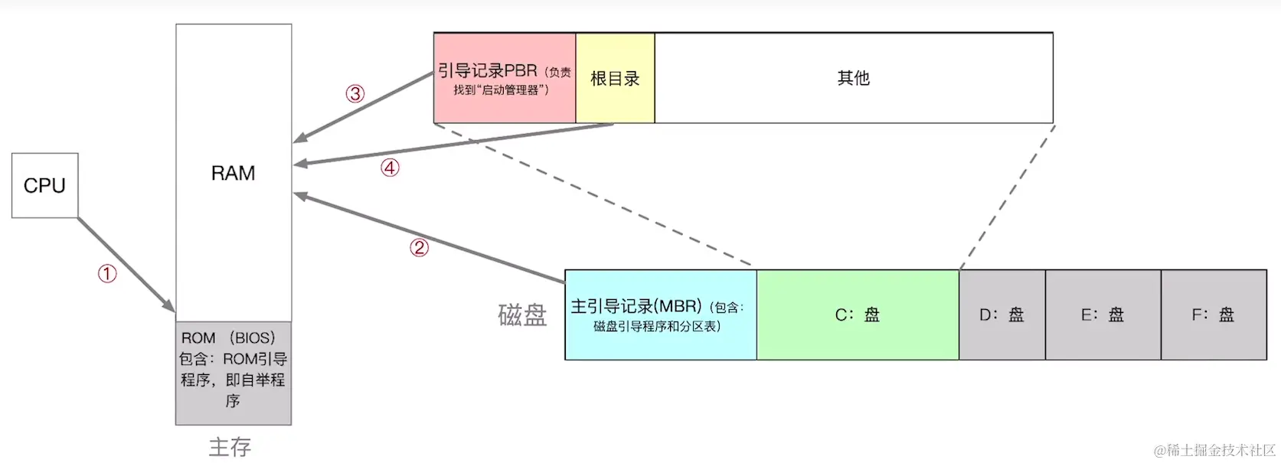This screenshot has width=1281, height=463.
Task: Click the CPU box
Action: tap(44, 185)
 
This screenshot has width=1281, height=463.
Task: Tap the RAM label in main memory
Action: tap(233, 174)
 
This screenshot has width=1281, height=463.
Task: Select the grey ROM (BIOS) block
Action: tap(233, 373)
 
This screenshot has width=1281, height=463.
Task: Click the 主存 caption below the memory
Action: tap(230, 447)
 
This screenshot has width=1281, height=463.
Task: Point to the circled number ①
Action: tap(107, 273)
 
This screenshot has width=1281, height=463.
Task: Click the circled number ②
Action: tap(419, 247)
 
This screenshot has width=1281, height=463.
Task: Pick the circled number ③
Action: tap(355, 93)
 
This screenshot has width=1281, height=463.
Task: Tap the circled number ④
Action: tap(390, 168)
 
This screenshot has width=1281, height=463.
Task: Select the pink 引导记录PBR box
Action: tap(504, 78)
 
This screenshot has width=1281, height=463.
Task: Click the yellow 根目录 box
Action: tap(615, 78)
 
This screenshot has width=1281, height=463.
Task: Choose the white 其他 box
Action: tap(853, 78)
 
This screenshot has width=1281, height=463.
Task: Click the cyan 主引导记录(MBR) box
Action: tap(660, 315)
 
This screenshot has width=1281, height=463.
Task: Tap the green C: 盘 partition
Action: tap(858, 315)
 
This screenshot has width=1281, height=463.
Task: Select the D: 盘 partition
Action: tap(1002, 315)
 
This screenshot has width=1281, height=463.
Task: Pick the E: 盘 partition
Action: tap(1103, 315)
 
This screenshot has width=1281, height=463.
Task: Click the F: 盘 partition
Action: tap(1214, 315)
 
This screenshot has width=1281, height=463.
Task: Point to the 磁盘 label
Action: tap(522, 315)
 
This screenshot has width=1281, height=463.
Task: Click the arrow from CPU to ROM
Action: tap(126, 264)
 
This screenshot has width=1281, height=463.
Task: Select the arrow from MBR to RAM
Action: tap(429, 238)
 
